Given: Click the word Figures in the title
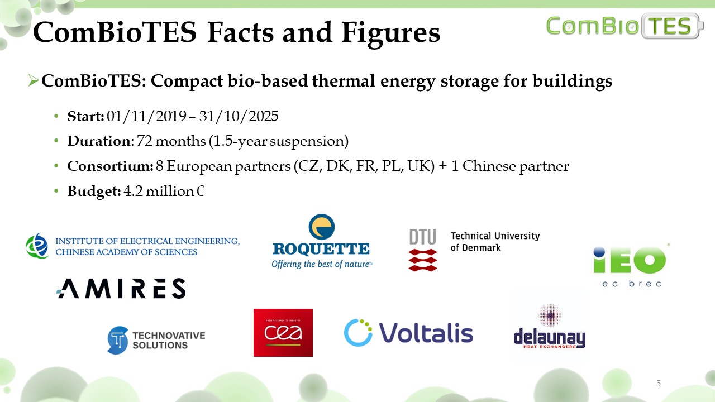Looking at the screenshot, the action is (390, 33).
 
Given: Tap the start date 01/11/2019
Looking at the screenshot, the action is (146, 116).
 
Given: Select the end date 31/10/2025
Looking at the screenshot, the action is (239, 116).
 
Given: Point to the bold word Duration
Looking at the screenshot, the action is (99, 141).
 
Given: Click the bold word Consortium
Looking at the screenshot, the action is (110, 166).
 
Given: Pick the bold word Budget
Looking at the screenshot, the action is (94, 192).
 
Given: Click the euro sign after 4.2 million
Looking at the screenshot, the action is (201, 191).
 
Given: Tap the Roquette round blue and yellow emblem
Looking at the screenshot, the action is (322, 227).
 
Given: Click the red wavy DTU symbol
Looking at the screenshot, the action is (423, 260).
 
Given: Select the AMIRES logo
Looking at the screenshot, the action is (121, 289).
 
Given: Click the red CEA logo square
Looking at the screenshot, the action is (283, 332).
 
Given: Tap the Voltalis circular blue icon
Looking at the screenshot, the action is (358, 332).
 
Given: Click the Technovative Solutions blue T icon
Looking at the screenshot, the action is (117, 340).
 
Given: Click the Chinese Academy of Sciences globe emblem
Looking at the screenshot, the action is (37, 246).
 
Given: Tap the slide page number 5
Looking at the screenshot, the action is (658, 383).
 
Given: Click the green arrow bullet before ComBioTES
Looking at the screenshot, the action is (33, 80).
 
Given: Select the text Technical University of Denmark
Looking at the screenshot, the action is (495, 242).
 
